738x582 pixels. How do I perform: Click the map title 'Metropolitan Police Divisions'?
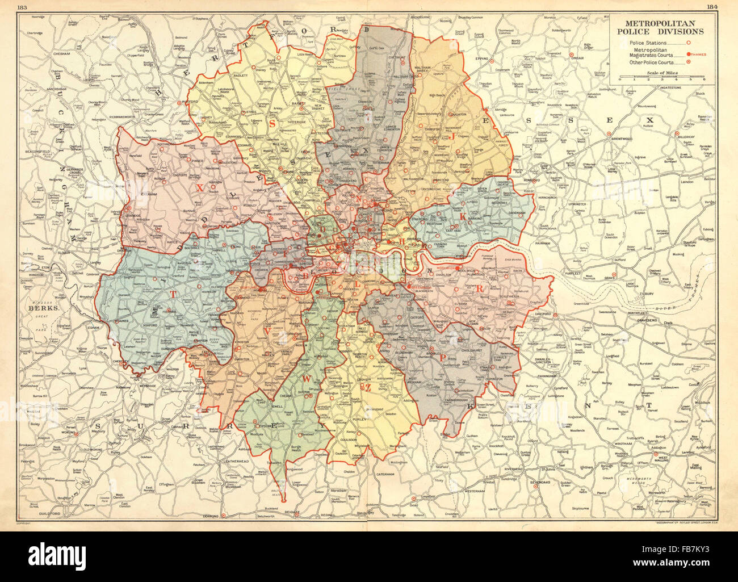[664, 27]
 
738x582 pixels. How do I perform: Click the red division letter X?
[199, 185]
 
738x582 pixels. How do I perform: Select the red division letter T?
[173, 294]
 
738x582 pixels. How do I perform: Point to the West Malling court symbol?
[657, 455]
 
